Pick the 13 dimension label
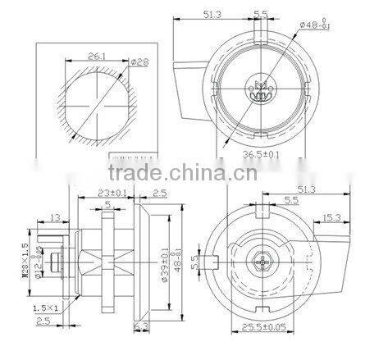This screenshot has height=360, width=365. point(55,217)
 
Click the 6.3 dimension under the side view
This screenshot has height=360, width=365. point(139,326)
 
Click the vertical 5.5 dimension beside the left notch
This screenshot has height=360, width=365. point(194,262)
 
